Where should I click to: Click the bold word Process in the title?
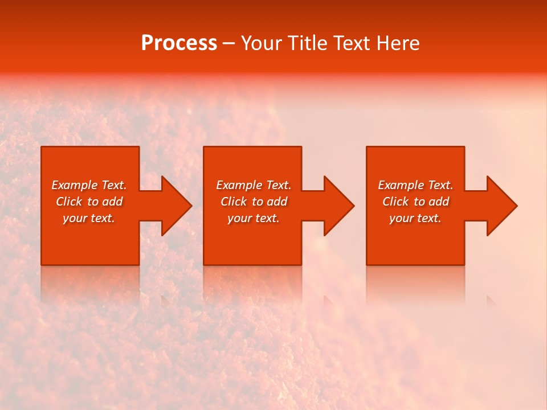pyautogui.click(x=179, y=43)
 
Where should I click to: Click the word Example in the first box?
pyautogui.click(x=74, y=185)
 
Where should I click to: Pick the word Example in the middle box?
pyautogui.click(x=239, y=185)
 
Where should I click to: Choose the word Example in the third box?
pyautogui.click(x=401, y=185)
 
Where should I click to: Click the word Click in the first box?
pyautogui.click(x=69, y=202)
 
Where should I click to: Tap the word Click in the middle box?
pyautogui.click(x=234, y=202)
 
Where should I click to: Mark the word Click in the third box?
pyautogui.click(x=395, y=202)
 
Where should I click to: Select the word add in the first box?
pyautogui.click(x=113, y=202)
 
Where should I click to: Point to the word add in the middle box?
pyautogui.click(x=277, y=202)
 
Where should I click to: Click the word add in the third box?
pyautogui.click(x=439, y=202)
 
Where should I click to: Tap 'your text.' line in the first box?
pyautogui.click(x=89, y=218)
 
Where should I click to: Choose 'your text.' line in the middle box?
pyautogui.click(x=254, y=218)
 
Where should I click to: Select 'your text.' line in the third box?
pyautogui.click(x=415, y=218)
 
